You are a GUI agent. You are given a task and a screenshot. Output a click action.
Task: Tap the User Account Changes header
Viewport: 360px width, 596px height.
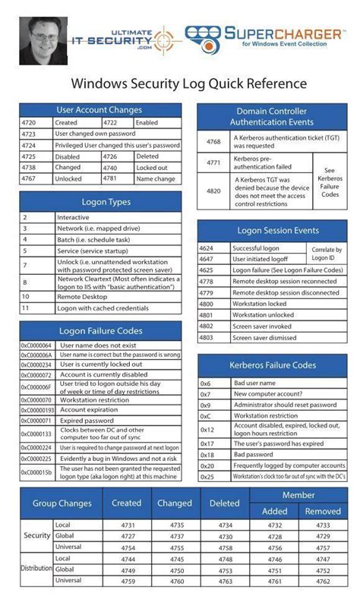pos(99,110)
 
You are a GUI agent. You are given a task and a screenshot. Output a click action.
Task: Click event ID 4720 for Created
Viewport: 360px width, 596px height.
pos(30,122)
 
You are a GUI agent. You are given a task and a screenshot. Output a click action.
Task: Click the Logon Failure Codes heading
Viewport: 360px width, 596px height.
pos(99,330)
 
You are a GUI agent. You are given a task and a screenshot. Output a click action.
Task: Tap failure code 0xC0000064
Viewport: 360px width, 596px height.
pos(36,345)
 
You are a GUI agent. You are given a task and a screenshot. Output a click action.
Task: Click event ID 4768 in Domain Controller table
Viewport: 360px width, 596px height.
pos(213,140)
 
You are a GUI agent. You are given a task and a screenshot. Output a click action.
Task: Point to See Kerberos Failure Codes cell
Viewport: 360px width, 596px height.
pos(329,182)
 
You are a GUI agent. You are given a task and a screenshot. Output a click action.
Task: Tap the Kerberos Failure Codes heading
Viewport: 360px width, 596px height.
pos(273,365)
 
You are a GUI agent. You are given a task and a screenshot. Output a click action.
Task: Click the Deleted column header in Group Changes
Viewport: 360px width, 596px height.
pos(224,503)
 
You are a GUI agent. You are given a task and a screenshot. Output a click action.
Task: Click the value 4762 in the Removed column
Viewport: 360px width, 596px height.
pos(323,581)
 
